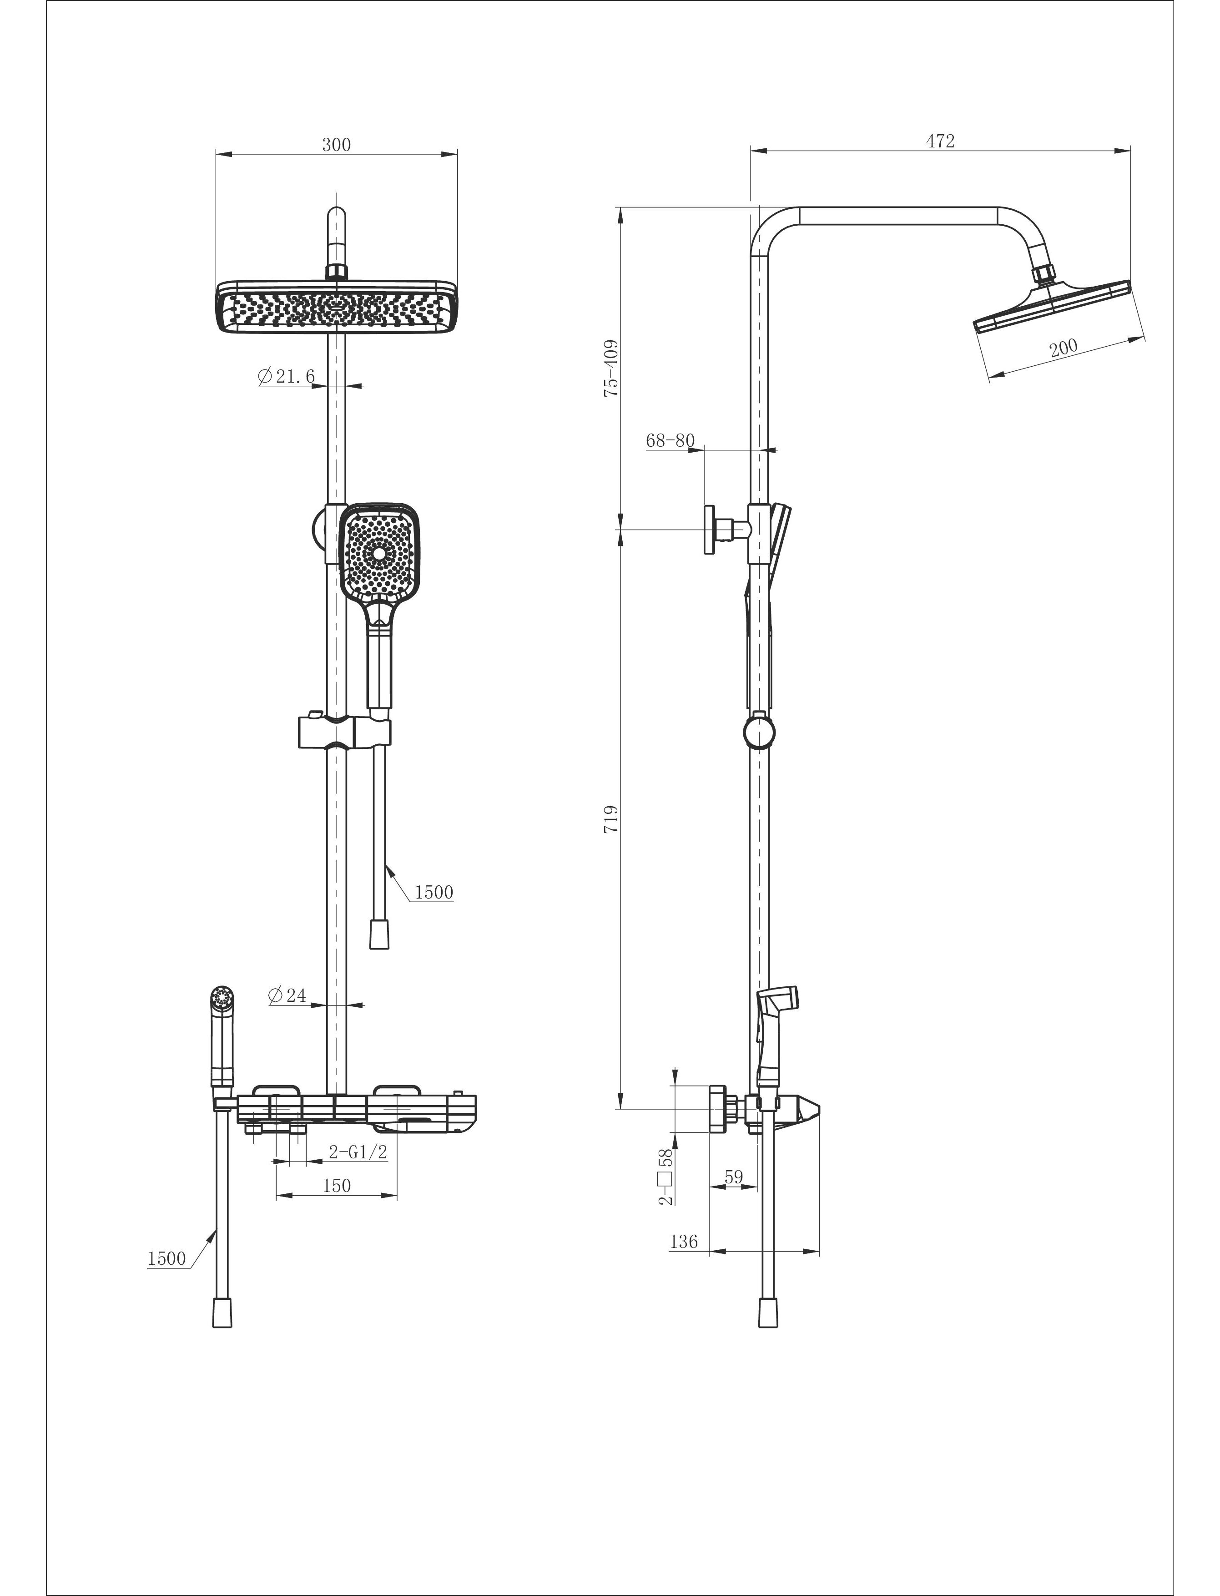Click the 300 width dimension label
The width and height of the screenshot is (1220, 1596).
[x=336, y=145]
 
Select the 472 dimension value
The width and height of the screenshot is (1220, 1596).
[x=940, y=141]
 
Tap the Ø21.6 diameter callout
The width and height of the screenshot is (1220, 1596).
[x=286, y=376]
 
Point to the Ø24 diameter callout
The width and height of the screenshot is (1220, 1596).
[x=287, y=995]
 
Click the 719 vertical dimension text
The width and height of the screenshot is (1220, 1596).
[x=611, y=818]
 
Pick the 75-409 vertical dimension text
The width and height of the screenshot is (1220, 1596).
[x=611, y=368]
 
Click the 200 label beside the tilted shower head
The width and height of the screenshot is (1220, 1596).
[x=1064, y=348]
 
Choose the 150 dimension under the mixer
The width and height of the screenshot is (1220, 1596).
[x=336, y=1186]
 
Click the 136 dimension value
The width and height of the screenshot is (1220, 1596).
[x=683, y=1242]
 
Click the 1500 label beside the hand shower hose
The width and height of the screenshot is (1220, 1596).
[x=434, y=892]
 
